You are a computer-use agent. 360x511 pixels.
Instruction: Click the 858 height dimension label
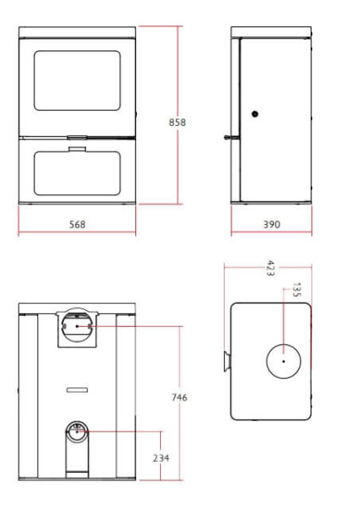click(177, 122)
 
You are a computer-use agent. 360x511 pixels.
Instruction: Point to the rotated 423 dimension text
click(270, 267)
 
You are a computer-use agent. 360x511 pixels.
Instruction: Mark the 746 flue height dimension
click(179, 397)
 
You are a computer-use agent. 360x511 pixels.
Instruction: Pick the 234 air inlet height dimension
click(161, 458)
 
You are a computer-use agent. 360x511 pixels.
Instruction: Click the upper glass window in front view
click(77, 80)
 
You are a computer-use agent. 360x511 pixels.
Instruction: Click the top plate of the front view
click(77, 32)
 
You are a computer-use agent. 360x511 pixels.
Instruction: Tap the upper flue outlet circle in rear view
click(77, 324)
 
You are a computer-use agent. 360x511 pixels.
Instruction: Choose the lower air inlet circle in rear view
click(77, 431)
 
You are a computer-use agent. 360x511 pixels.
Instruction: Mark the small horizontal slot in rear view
click(77, 389)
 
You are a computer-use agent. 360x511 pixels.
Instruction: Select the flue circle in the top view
click(282, 361)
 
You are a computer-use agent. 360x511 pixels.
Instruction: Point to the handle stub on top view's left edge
click(227, 361)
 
